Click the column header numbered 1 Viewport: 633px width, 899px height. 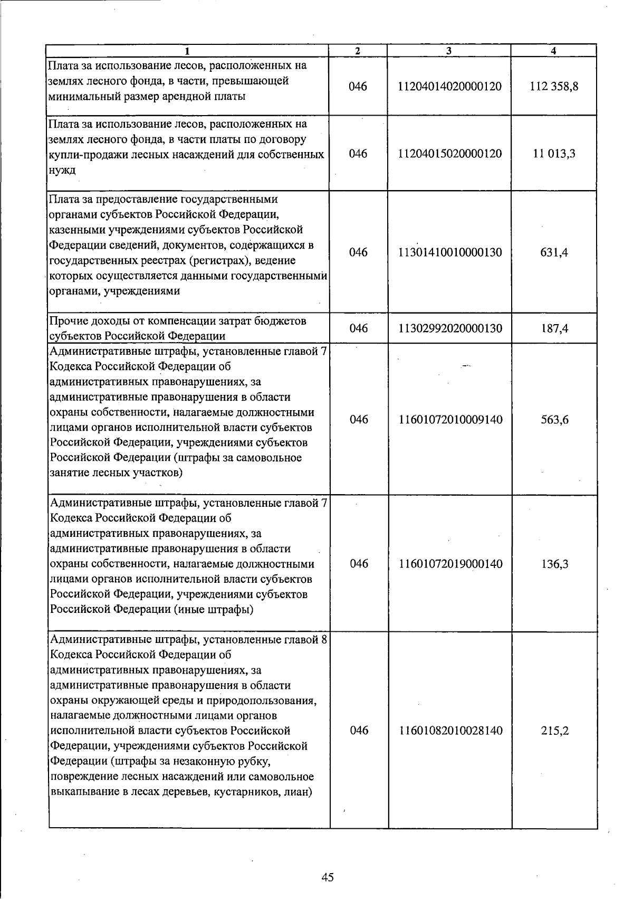point(187,51)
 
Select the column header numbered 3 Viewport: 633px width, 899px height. point(448,51)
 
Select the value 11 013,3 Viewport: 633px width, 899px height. point(553,154)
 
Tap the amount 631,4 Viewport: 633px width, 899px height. point(553,252)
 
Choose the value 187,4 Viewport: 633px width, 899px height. point(553,328)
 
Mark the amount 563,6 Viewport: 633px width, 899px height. point(553,420)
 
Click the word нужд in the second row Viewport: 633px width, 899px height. point(61,170)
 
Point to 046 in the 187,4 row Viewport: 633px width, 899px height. point(358,328)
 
